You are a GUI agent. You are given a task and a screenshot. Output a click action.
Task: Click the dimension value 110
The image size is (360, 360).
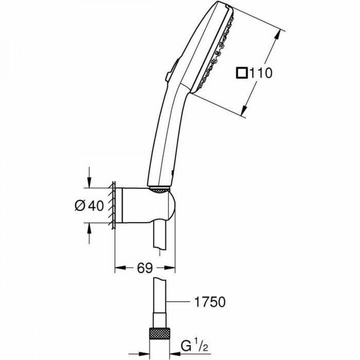click(x=261, y=73)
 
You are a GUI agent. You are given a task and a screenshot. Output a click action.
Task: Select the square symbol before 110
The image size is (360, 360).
click(x=241, y=73)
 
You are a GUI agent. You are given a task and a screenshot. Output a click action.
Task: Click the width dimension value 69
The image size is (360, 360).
click(x=144, y=268)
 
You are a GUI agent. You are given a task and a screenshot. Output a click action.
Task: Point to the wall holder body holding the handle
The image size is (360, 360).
click(x=145, y=205)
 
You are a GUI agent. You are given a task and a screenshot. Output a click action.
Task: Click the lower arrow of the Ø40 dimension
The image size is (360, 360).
click(x=90, y=228)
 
